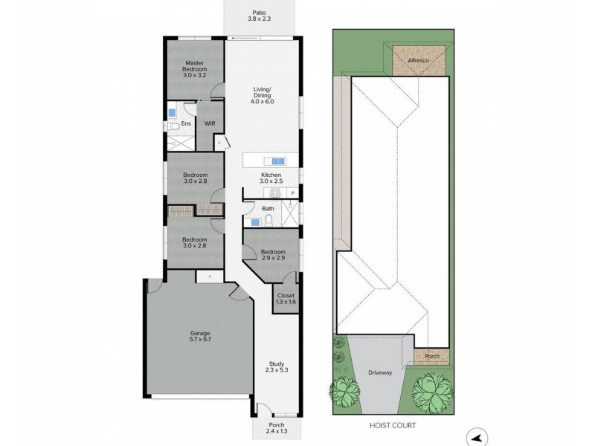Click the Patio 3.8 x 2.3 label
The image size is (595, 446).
pyautogui.click(x=260, y=16)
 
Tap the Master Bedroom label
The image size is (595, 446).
pyautogui.click(x=194, y=69)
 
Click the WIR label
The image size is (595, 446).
pyautogui.click(x=210, y=125)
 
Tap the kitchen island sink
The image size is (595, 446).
pyautogui.click(x=277, y=161)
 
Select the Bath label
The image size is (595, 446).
pyautogui.click(x=268, y=209)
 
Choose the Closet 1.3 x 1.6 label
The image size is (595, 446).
pyautogui.click(x=285, y=298)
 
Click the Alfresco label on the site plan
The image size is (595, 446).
pyautogui.click(x=420, y=60)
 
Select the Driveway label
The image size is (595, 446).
pyautogui.click(x=379, y=373)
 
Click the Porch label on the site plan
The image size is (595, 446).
pyautogui.click(x=431, y=357)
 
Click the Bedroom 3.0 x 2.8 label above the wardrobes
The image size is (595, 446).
pyautogui.click(x=194, y=178)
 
